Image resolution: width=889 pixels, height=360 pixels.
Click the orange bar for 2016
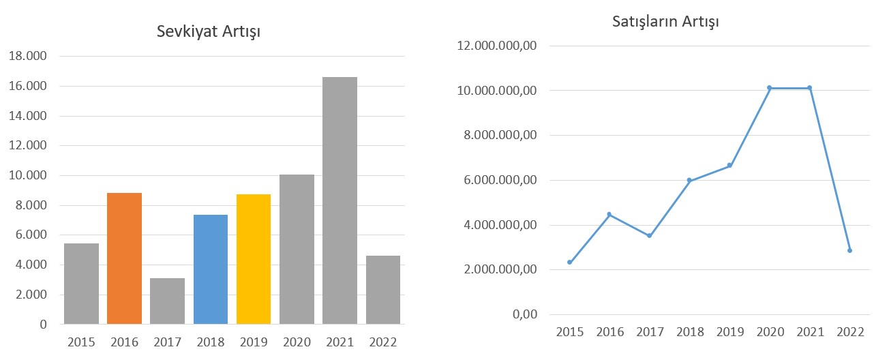124,258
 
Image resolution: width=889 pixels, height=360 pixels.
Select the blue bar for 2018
211,269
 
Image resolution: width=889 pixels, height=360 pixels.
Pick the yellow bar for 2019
254,259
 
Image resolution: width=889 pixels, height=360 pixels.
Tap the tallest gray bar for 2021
340,200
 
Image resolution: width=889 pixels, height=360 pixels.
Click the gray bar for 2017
167,301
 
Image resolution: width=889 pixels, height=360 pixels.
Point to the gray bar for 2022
382,290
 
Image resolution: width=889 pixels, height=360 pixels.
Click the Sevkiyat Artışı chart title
209,31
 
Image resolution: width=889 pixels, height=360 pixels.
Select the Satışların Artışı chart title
665,21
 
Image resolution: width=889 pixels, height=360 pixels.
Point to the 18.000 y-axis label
28,57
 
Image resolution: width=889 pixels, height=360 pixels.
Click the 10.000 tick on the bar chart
28,175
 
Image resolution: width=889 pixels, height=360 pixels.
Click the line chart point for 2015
569,262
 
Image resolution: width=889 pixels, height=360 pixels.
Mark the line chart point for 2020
769,88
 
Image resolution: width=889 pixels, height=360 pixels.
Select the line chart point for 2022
849,250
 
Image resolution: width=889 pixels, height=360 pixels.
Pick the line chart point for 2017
649,236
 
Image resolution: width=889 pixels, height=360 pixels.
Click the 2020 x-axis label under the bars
297,341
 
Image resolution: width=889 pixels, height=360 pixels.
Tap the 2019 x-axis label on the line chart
729,332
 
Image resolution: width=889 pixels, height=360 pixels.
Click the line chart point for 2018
689,180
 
